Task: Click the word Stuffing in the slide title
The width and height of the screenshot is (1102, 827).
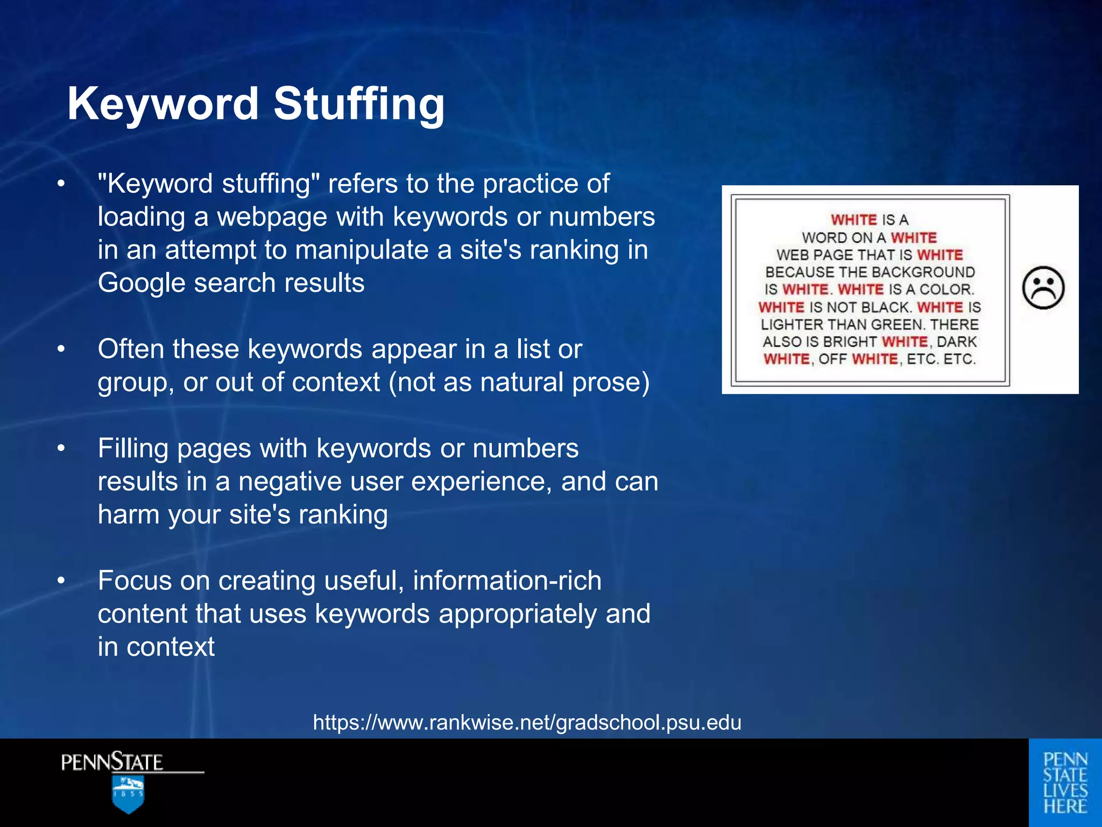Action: pyautogui.click(x=359, y=103)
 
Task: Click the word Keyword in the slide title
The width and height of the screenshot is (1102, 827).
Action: pyautogui.click(x=163, y=103)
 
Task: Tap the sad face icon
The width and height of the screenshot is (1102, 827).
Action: pyautogui.click(x=1043, y=288)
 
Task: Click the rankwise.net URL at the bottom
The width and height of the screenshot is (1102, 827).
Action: pyautogui.click(x=527, y=722)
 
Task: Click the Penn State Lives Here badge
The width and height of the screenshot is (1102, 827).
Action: pyautogui.click(x=1065, y=782)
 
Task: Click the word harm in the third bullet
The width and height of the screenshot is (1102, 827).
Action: pyautogui.click(x=128, y=514)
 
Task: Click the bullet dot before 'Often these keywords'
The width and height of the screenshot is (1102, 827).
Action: pyautogui.click(x=61, y=349)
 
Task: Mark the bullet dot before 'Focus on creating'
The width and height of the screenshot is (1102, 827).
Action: pyautogui.click(x=61, y=580)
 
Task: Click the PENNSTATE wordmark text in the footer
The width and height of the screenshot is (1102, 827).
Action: pyautogui.click(x=112, y=762)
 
